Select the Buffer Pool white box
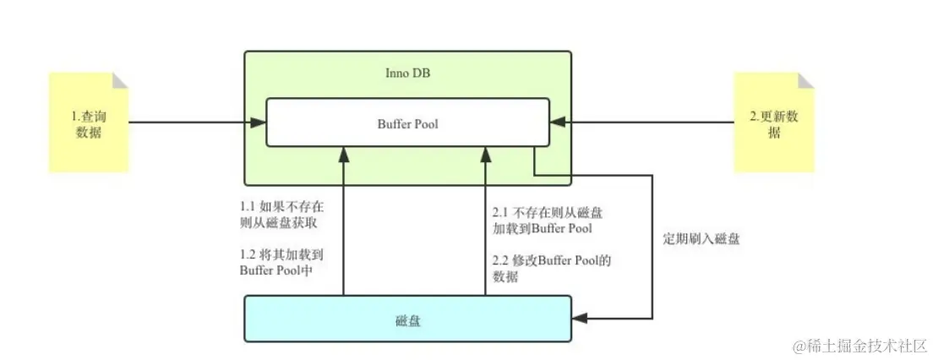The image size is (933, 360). point(407,123)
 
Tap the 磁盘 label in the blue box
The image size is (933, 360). point(407,320)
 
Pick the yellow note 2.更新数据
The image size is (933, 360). point(773,124)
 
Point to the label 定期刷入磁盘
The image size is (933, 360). point(701,239)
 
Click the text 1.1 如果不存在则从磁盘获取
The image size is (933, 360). point(280,215)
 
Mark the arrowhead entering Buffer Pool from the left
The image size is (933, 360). point(259,123)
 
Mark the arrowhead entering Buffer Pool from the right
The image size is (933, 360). point(558,123)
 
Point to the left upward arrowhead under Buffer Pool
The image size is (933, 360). point(343,154)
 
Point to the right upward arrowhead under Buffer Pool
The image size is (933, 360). point(485,154)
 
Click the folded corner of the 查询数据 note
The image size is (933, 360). point(120,80)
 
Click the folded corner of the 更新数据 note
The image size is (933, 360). point(805,80)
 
